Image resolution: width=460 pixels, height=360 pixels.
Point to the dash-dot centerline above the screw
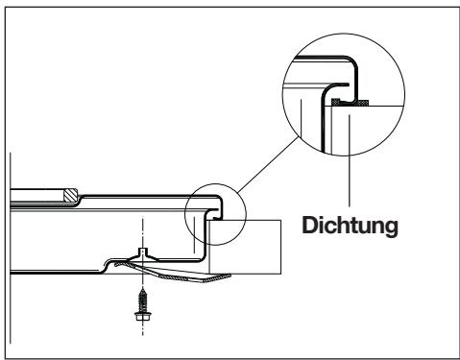[143, 235]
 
